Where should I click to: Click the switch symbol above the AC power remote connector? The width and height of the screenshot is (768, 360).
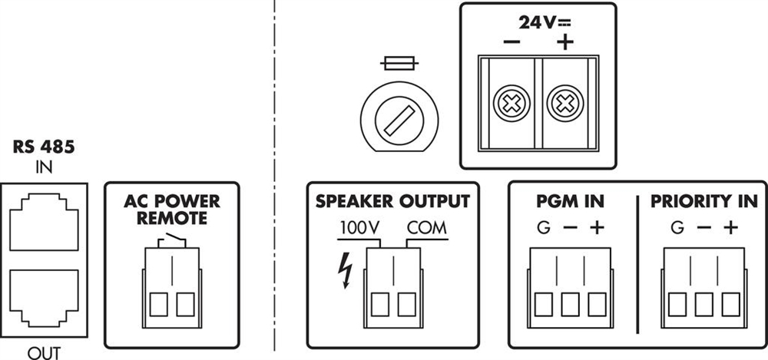(x=172, y=243)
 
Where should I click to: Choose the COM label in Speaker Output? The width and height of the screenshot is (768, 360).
(x=427, y=229)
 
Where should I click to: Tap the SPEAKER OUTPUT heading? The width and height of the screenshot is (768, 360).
(x=392, y=202)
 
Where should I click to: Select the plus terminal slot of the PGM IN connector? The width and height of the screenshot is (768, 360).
(x=597, y=305)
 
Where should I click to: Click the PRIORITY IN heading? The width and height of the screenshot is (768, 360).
(x=703, y=202)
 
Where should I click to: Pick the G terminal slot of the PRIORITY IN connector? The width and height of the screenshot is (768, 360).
(x=677, y=305)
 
